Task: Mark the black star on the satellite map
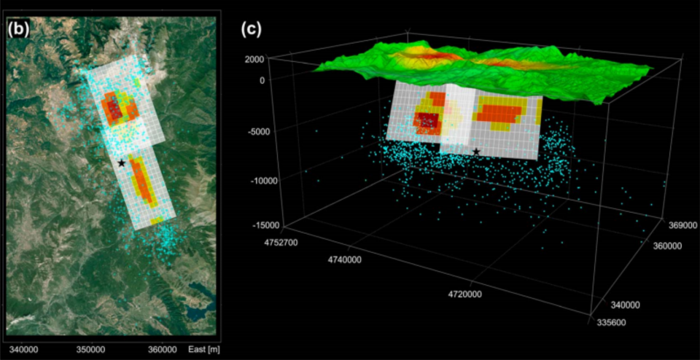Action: coord(121,163)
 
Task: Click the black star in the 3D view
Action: coord(476,152)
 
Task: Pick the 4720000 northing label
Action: coord(464,294)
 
